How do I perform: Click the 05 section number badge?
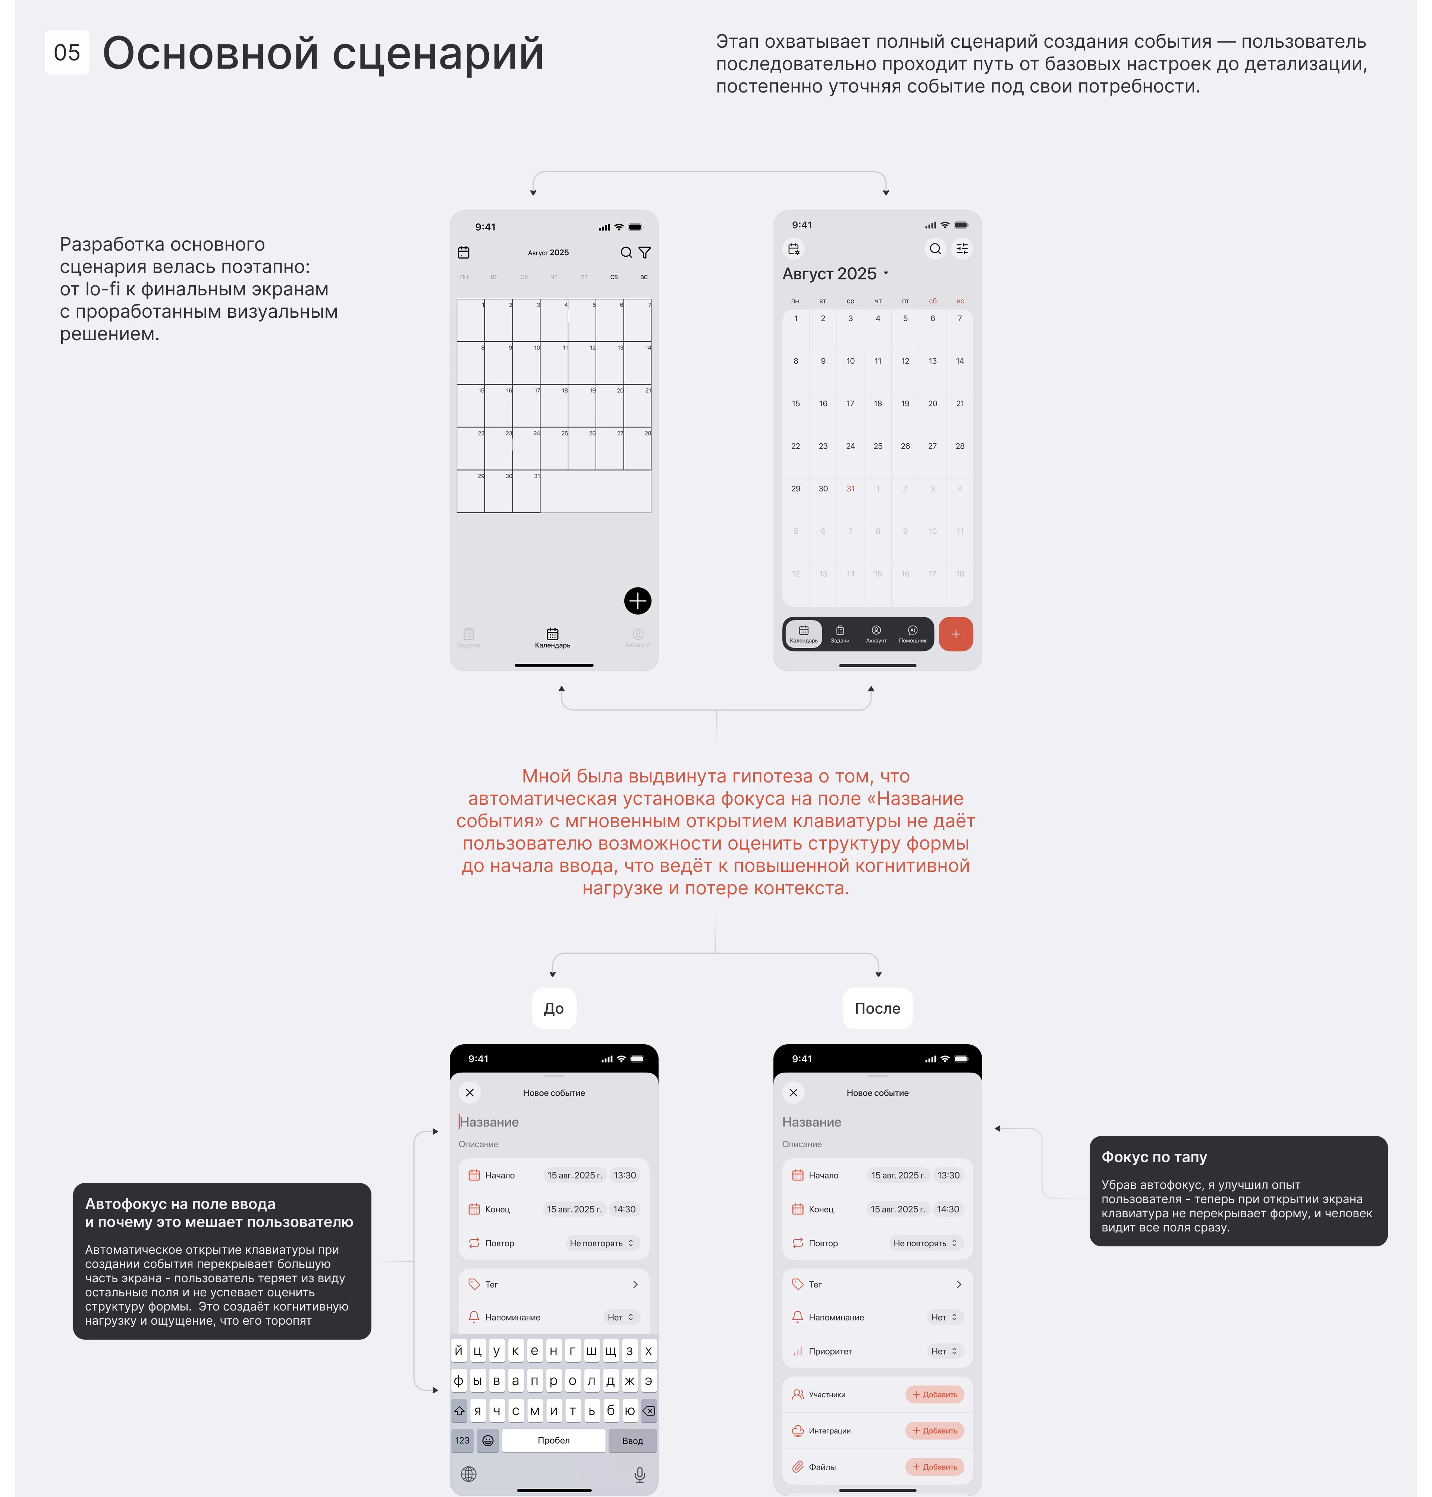point(67,53)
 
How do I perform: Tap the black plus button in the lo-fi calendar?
point(637,601)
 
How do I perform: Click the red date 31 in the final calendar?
point(850,489)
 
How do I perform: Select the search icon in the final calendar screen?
point(935,249)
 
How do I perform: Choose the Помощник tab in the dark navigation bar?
point(912,634)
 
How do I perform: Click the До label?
point(553,1008)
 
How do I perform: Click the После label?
point(877,1008)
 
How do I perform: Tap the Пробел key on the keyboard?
point(553,1441)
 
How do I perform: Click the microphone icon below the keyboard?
point(640,1474)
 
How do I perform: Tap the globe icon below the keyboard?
point(469,1474)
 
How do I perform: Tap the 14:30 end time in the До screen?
point(624,1209)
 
